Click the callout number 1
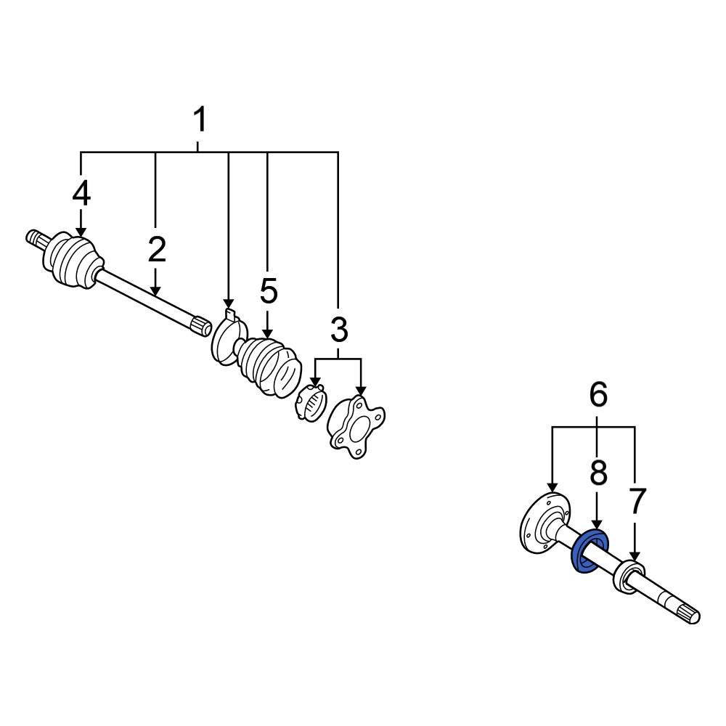click(199, 120)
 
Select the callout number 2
click(156, 250)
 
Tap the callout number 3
click(339, 330)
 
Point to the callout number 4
click(81, 194)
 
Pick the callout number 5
click(269, 291)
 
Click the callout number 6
click(597, 395)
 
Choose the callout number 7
click(637, 502)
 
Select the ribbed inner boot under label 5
click(271, 366)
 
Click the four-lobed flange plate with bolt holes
click(355, 426)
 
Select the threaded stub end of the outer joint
click(34, 237)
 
